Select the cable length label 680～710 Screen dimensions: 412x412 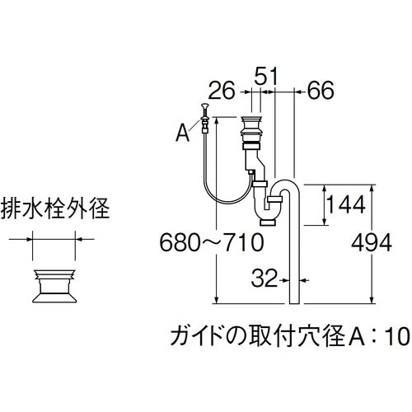click(211, 243)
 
